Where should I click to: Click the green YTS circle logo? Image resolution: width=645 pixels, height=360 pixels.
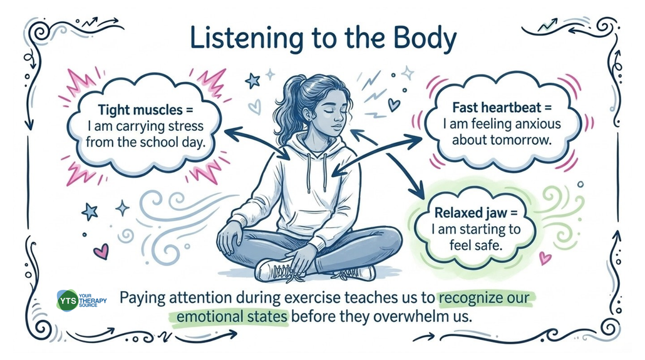[67, 301]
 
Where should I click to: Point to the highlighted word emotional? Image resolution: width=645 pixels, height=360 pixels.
[210, 316]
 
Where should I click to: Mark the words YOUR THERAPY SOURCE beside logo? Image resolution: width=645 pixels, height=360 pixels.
[93, 301]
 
